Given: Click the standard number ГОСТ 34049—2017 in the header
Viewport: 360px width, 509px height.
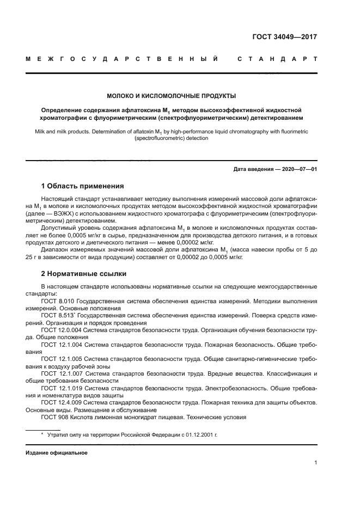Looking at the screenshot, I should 284,38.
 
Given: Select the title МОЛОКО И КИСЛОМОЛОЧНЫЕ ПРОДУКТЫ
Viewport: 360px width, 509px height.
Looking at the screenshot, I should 170,96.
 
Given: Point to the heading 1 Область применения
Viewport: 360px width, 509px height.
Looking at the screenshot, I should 82,186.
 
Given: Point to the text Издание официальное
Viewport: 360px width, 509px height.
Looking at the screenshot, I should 57,452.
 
